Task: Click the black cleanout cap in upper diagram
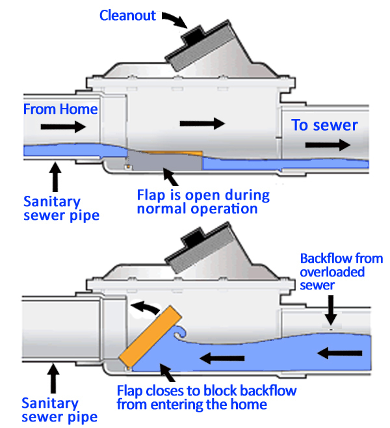(196, 34)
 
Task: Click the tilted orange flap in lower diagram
(150, 334)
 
